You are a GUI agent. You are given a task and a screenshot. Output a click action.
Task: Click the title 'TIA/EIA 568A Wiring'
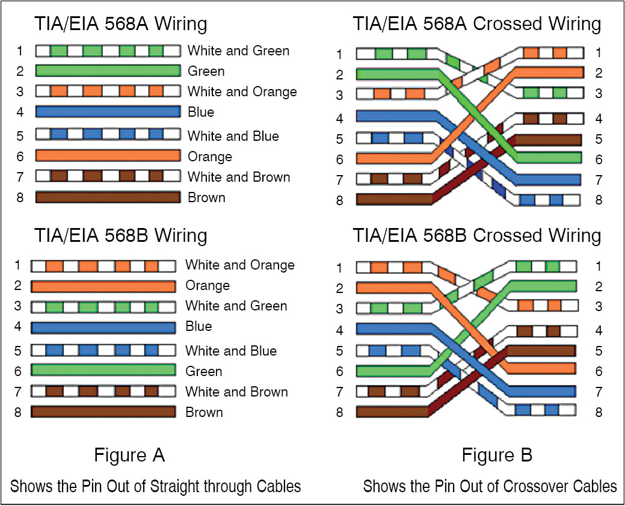pos(120,24)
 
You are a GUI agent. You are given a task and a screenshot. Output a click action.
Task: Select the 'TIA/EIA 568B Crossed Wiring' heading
pos(476,235)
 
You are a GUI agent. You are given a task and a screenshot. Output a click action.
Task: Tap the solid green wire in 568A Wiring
pos(108,71)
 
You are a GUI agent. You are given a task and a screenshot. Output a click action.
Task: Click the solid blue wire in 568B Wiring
pos(103,327)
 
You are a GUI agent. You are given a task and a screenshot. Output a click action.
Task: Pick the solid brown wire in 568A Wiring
pos(108,197)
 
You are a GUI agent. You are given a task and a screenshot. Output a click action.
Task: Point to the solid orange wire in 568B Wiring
pos(103,286)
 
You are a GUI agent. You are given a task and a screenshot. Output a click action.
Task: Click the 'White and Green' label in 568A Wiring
pos(238,51)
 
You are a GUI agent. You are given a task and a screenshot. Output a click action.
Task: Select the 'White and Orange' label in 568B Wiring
pos(239,265)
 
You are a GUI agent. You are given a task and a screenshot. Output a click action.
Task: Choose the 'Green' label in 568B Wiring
pos(203,371)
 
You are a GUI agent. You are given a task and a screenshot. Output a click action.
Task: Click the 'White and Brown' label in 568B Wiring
pos(236,392)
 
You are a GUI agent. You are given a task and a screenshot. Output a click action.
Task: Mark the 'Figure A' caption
pos(129,455)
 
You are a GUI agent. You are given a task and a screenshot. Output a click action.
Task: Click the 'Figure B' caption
pos(497,455)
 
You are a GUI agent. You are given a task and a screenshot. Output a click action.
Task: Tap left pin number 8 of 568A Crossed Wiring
pos(339,200)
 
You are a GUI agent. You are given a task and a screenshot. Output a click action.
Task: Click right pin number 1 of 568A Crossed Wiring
pos(599,53)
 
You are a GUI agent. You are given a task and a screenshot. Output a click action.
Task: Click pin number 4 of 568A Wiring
pos(20,112)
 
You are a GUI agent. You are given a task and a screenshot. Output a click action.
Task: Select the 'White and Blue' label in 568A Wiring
pos(233,136)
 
